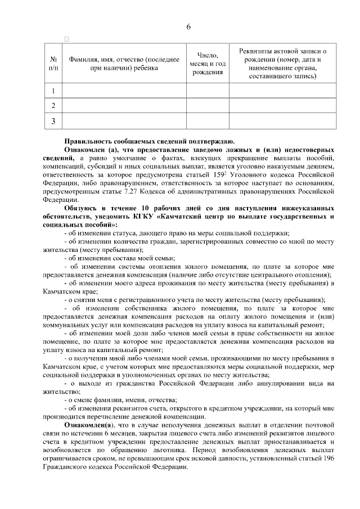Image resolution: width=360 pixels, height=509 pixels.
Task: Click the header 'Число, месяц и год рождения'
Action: coord(208,63)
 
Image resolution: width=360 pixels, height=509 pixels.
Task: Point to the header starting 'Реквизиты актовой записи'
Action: coord(282,63)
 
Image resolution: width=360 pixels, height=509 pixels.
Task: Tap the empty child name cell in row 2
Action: coord(124,105)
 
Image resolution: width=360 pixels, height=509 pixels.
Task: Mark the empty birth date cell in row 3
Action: coord(208,120)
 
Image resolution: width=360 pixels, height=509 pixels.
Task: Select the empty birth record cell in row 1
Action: coord(282,91)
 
